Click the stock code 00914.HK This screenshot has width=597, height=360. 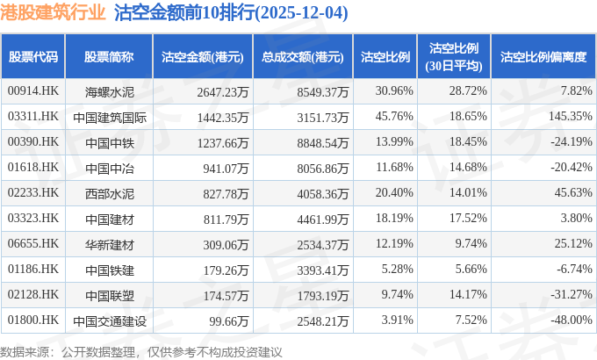click(32, 91)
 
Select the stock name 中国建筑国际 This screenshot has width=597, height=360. click(109, 116)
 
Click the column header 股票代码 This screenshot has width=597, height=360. click(33, 57)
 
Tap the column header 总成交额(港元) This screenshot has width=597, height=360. click(302, 57)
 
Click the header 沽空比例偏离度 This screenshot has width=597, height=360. click(543, 57)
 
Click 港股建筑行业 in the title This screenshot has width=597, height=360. click(55, 13)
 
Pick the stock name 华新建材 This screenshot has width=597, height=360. click(109, 242)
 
